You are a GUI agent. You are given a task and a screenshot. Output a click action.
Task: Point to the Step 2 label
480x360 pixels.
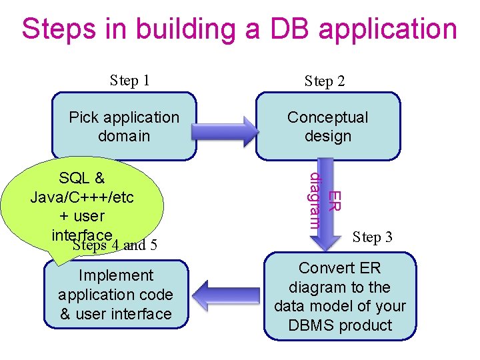[325, 81]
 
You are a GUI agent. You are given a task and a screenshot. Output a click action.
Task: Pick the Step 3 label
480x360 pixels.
[372, 237]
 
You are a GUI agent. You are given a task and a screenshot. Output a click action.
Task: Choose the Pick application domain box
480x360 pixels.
[125, 127]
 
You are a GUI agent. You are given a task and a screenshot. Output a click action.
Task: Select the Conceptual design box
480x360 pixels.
[327, 127]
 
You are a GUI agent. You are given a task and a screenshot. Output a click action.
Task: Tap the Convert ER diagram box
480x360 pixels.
[340, 296]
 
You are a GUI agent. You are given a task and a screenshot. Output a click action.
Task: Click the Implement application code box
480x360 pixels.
[116, 294]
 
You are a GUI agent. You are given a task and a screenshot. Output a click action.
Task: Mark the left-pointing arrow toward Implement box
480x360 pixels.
[227, 295]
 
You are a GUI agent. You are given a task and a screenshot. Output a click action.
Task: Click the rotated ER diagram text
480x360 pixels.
[325, 200]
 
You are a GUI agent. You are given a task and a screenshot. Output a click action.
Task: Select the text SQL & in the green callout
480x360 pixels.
[81, 178]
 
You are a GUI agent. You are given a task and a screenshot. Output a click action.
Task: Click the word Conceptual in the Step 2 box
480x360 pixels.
[327, 117]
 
